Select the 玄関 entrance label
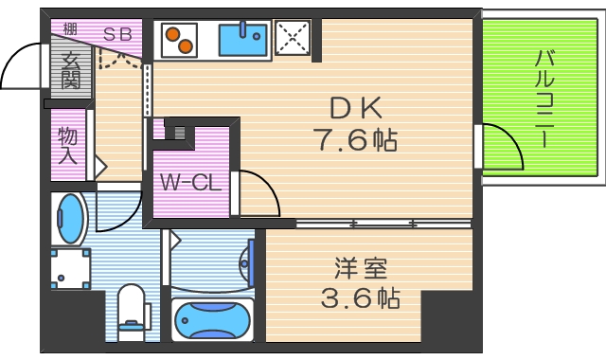(71, 71)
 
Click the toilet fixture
(132, 312)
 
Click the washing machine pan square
(71, 268)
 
